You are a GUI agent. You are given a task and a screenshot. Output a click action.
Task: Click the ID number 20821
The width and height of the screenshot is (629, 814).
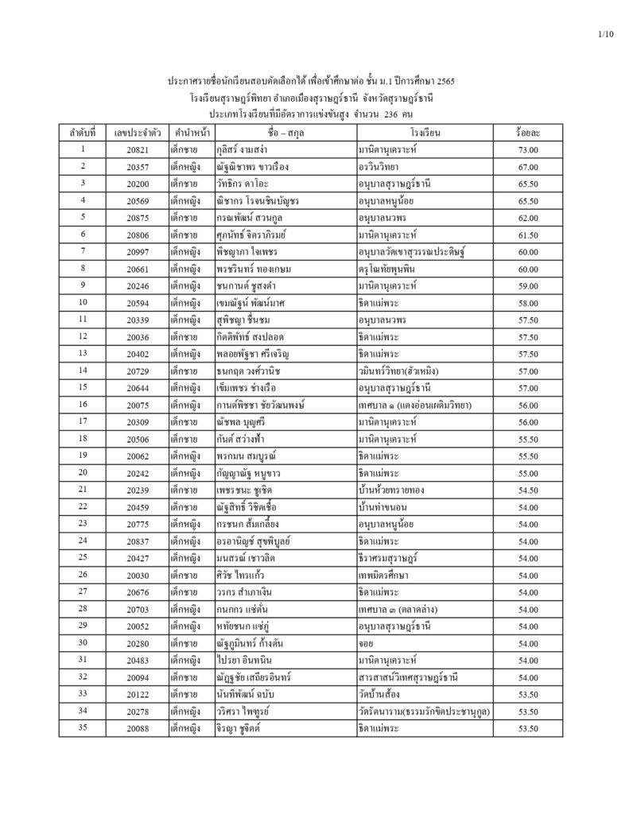(138, 149)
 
